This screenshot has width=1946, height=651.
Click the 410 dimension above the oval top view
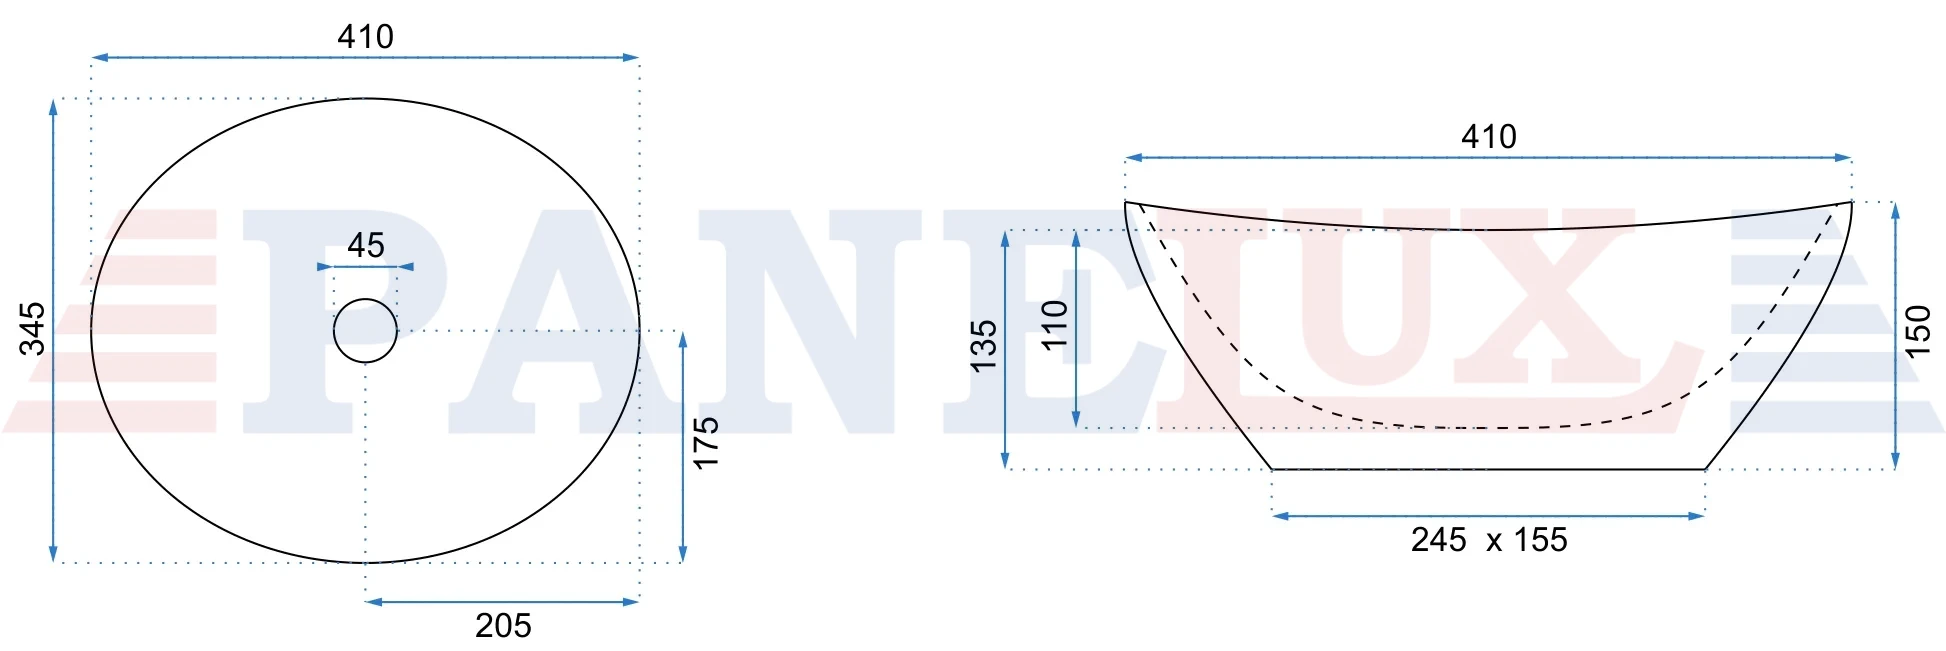366,37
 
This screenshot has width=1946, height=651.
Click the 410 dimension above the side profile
1489,137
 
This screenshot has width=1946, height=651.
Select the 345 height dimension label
33,329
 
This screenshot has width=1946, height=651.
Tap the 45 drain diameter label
366,245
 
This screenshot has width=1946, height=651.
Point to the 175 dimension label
706,443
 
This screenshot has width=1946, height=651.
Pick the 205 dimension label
503,626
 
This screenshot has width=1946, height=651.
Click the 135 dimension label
984,346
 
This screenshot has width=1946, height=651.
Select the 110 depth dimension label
1055,325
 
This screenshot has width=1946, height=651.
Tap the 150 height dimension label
1918,332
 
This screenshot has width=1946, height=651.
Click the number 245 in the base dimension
1439,540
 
